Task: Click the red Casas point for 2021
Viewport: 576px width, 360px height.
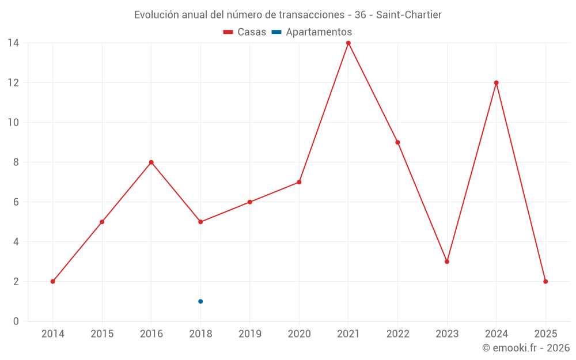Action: [x=348, y=43]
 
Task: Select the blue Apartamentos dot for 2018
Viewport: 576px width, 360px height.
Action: [x=200, y=301]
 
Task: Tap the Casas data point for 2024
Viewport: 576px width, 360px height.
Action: [x=496, y=83]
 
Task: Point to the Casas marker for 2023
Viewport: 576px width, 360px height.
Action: [x=447, y=262]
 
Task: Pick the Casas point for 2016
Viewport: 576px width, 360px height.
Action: [x=151, y=162]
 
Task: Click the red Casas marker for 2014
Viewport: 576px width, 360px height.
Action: [x=52, y=282]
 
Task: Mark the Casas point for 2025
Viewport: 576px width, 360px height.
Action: [x=545, y=282]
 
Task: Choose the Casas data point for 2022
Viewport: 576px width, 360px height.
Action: [x=397, y=142]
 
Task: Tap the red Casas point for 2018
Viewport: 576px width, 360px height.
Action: [x=200, y=222]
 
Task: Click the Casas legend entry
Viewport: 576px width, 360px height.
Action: [x=245, y=32]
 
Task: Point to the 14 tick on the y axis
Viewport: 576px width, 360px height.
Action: [x=13, y=43]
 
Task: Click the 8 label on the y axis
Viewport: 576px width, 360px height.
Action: [x=16, y=162]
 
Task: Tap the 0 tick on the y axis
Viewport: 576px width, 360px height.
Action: [x=16, y=321]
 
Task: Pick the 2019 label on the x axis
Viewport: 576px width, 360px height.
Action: [x=250, y=334]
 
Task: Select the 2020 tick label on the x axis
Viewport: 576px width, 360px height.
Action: [x=299, y=334]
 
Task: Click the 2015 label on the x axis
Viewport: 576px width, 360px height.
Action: [x=102, y=334]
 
